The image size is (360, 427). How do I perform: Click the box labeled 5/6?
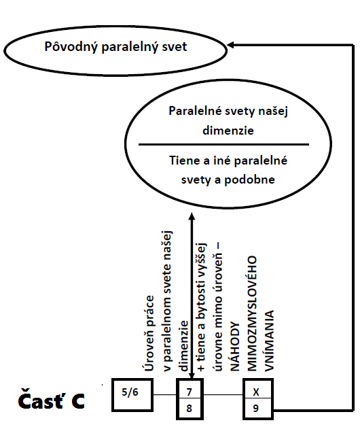132,394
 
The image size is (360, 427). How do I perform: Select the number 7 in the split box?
190,392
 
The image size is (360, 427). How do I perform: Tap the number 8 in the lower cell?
190,408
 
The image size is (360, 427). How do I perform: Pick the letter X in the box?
256,392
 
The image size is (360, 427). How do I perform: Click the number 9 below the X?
256,408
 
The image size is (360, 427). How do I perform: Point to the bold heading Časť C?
51,400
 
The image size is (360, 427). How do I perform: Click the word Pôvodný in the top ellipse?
71,46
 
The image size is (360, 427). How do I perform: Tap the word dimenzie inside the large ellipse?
228,131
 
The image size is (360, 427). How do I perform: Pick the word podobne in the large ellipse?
249,180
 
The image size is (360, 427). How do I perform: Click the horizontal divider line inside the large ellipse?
223,145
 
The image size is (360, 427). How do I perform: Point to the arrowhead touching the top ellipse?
230,45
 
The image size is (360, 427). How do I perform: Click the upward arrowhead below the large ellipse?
192,216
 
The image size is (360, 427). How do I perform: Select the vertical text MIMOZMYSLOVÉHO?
252,313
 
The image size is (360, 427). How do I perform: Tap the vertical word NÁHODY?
235,347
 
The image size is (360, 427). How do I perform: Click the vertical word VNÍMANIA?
269,341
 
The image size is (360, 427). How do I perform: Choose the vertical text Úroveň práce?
149,333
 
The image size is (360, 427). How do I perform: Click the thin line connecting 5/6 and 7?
165,394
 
